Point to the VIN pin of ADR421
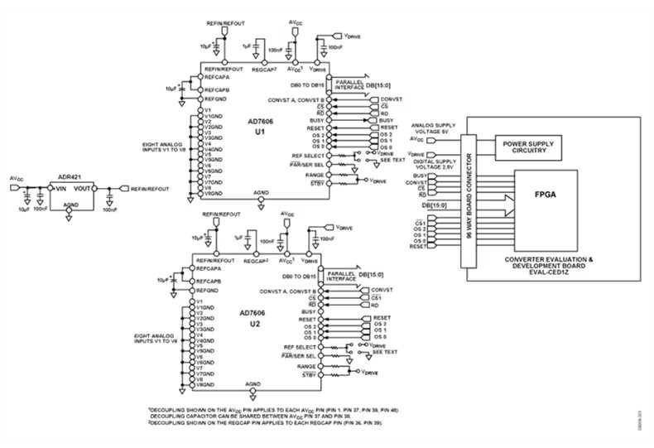click(x=60, y=188)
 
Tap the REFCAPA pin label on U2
click(x=213, y=268)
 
